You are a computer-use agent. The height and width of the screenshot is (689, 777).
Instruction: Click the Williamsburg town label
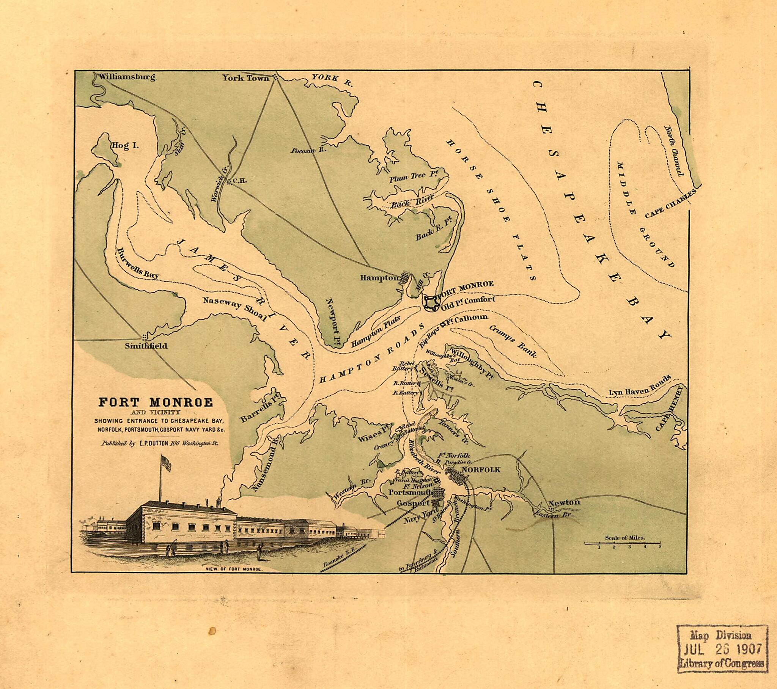pyautogui.click(x=127, y=77)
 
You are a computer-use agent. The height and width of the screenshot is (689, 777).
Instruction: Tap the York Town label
pyautogui.click(x=245, y=78)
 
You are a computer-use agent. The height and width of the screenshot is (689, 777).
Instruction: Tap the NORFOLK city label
pyautogui.click(x=481, y=470)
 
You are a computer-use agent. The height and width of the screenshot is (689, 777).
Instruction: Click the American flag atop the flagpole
pyautogui.click(x=166, y=464)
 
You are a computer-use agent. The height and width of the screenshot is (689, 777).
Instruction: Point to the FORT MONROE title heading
pyautogui.click(x=156, y=403)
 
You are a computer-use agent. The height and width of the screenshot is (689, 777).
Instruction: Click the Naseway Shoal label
pyautogui.click(x=234, y=309)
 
